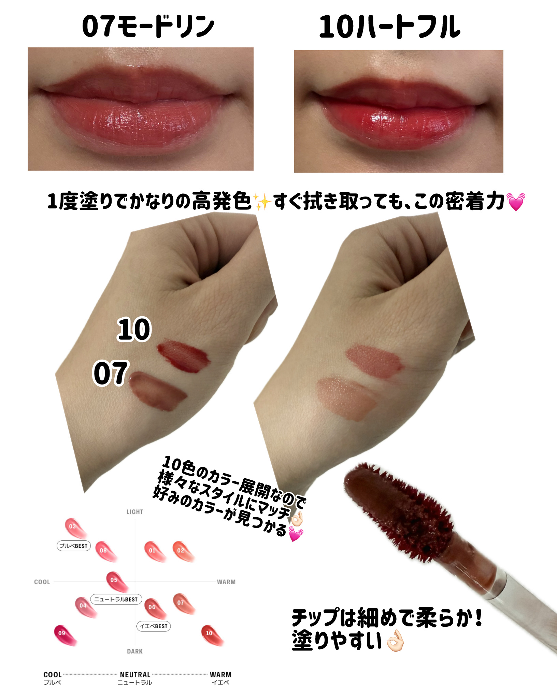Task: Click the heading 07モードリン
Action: tap(148, 27)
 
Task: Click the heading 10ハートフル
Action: tap(389, 27)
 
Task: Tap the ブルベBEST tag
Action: tap(73, 546)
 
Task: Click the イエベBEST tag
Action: tap(154, 626)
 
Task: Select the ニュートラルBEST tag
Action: tap(116, 599)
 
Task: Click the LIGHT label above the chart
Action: tap(135, 512)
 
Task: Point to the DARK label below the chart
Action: tap(135, 651)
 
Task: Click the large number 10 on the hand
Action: tap(134, 329)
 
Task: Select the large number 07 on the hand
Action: tap(111, 373)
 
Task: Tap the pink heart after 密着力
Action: tap(516, 202)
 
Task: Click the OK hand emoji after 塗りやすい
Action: tap(395, 641)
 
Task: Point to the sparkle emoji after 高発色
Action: tap(262, 202)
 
